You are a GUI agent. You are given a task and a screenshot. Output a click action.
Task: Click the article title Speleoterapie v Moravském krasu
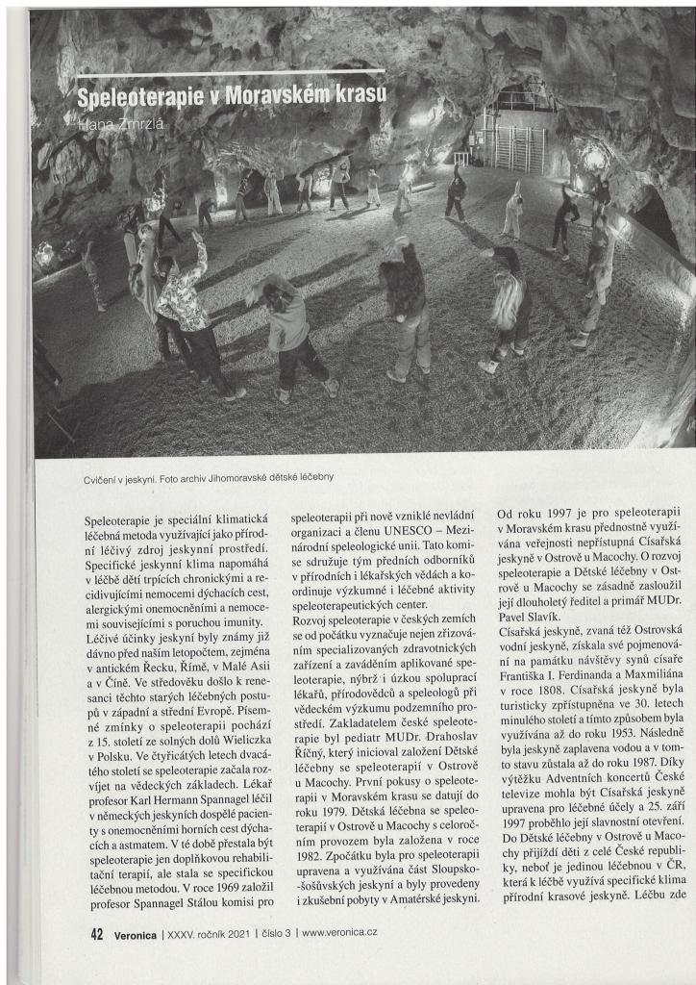[x=231, y=94]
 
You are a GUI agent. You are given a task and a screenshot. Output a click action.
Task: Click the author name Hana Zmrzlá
[x=121, y=123]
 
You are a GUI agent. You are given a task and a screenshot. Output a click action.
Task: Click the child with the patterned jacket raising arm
[x=187, y=308]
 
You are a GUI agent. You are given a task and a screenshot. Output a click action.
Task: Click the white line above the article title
[x=231, y=72]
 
